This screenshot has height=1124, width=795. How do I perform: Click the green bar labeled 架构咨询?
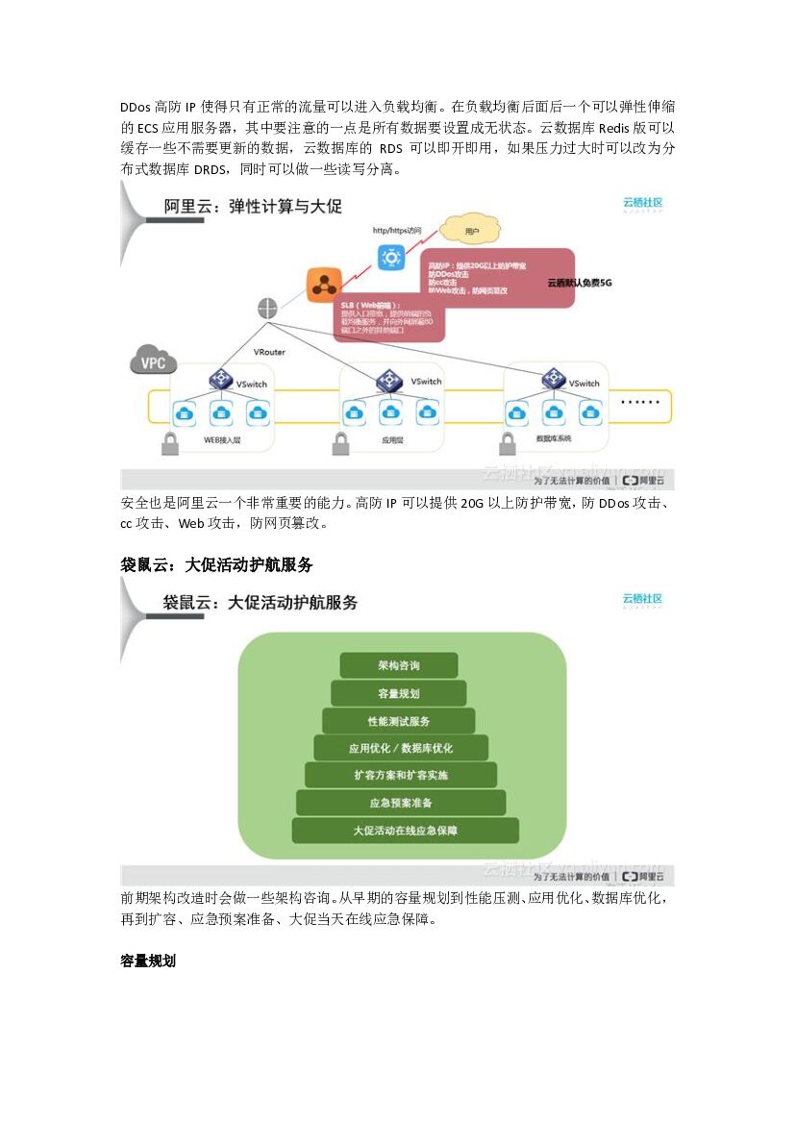[x=398, y=665]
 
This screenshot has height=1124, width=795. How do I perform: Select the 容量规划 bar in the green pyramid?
[x=398, y=693]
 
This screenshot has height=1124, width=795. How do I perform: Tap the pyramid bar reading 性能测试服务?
[x=398, y=721]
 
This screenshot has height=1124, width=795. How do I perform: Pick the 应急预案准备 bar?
[x=400, y=803]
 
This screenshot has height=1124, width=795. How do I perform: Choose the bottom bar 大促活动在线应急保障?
[x=405, y=830]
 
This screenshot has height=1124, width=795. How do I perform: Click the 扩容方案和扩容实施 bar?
[x=400, y=775]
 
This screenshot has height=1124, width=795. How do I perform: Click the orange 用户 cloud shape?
[x=471, y=231]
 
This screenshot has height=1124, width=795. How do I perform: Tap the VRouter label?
[x=269, y=352]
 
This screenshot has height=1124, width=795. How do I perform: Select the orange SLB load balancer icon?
[x=323, y=286]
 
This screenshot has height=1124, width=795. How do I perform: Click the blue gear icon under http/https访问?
[x=390, y=257]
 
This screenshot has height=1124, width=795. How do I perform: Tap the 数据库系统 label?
[x=553, y=439]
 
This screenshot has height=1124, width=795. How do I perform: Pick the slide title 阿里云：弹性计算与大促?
[x=253, y=207]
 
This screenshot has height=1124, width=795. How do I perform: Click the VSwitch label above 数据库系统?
[x=584, y=384]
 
